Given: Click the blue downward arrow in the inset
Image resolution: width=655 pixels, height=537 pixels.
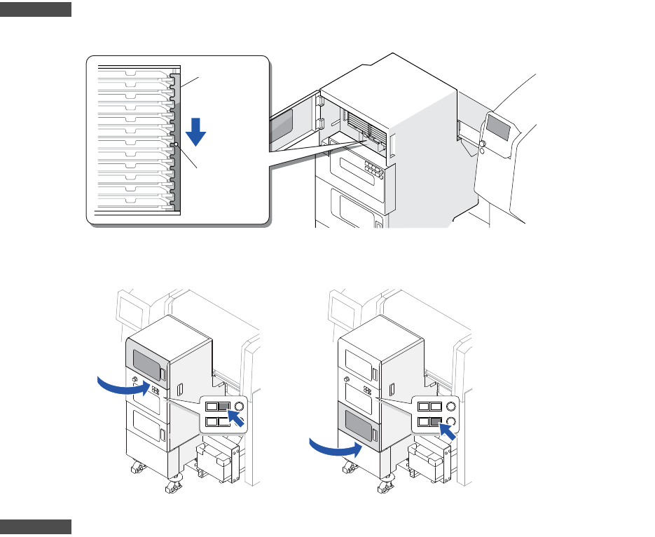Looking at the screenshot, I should (x=196, y=130).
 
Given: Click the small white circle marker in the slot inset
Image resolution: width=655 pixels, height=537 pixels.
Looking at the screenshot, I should (x=177, y=144).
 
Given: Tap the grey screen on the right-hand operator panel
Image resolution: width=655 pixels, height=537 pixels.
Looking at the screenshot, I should (x=500, y=126).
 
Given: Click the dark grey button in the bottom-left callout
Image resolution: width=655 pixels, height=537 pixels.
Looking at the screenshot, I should (x=224, y=407).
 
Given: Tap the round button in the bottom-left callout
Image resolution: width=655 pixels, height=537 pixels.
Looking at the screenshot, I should (x=240, y=407).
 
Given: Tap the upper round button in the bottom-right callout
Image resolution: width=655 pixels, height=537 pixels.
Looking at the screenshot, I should (x=452, y=407).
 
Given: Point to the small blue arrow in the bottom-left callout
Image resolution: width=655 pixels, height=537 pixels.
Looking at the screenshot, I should (x=238, y=421).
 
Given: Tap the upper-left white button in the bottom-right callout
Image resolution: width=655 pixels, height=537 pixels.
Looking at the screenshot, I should (x=423, y=407).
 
